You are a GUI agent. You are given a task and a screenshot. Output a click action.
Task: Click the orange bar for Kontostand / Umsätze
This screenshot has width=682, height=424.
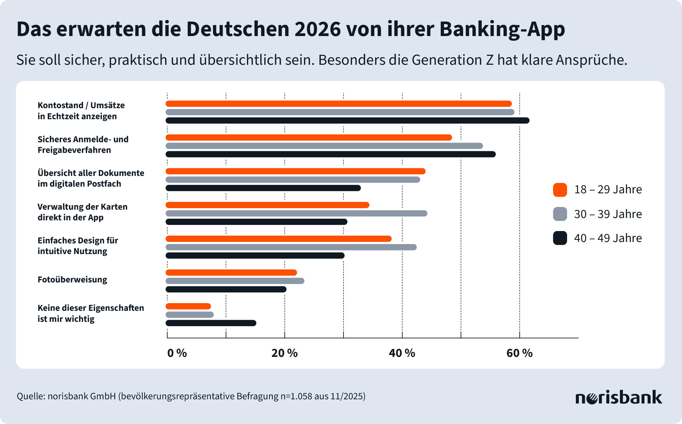338,103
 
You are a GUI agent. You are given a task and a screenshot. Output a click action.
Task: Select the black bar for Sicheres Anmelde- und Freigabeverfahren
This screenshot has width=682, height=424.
330,154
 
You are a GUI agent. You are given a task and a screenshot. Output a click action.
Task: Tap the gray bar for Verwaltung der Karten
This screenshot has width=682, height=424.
296,213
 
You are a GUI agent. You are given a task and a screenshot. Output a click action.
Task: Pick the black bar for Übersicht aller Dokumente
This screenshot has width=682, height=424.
263,188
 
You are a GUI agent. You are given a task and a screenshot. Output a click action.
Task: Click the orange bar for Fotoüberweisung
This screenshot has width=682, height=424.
231,272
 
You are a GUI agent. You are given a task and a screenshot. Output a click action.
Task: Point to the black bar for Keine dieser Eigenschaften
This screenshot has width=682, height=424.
211,323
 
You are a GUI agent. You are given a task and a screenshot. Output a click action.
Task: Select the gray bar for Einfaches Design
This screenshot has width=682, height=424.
291,247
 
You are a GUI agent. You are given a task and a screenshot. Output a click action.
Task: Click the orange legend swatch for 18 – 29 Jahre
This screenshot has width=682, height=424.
560,190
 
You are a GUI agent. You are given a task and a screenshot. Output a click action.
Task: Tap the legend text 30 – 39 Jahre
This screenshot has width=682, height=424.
608,214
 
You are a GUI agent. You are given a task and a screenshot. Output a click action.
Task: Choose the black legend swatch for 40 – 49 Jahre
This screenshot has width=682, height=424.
560,238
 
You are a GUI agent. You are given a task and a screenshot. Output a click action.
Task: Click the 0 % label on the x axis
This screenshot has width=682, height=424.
177,353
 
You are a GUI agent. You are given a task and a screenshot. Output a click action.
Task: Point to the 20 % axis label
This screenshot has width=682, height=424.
284,353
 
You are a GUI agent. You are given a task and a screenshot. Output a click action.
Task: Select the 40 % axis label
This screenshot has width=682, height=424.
402,353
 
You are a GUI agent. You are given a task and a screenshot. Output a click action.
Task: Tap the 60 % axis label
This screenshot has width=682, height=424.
519,353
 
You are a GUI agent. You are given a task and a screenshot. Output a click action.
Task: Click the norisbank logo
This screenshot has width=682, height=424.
619,397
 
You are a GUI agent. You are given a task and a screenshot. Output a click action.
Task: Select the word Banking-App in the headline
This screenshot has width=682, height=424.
502,29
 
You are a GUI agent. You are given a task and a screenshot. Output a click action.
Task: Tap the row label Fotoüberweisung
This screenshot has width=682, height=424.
72,280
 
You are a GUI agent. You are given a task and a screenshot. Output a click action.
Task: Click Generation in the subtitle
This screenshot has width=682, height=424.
447,60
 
